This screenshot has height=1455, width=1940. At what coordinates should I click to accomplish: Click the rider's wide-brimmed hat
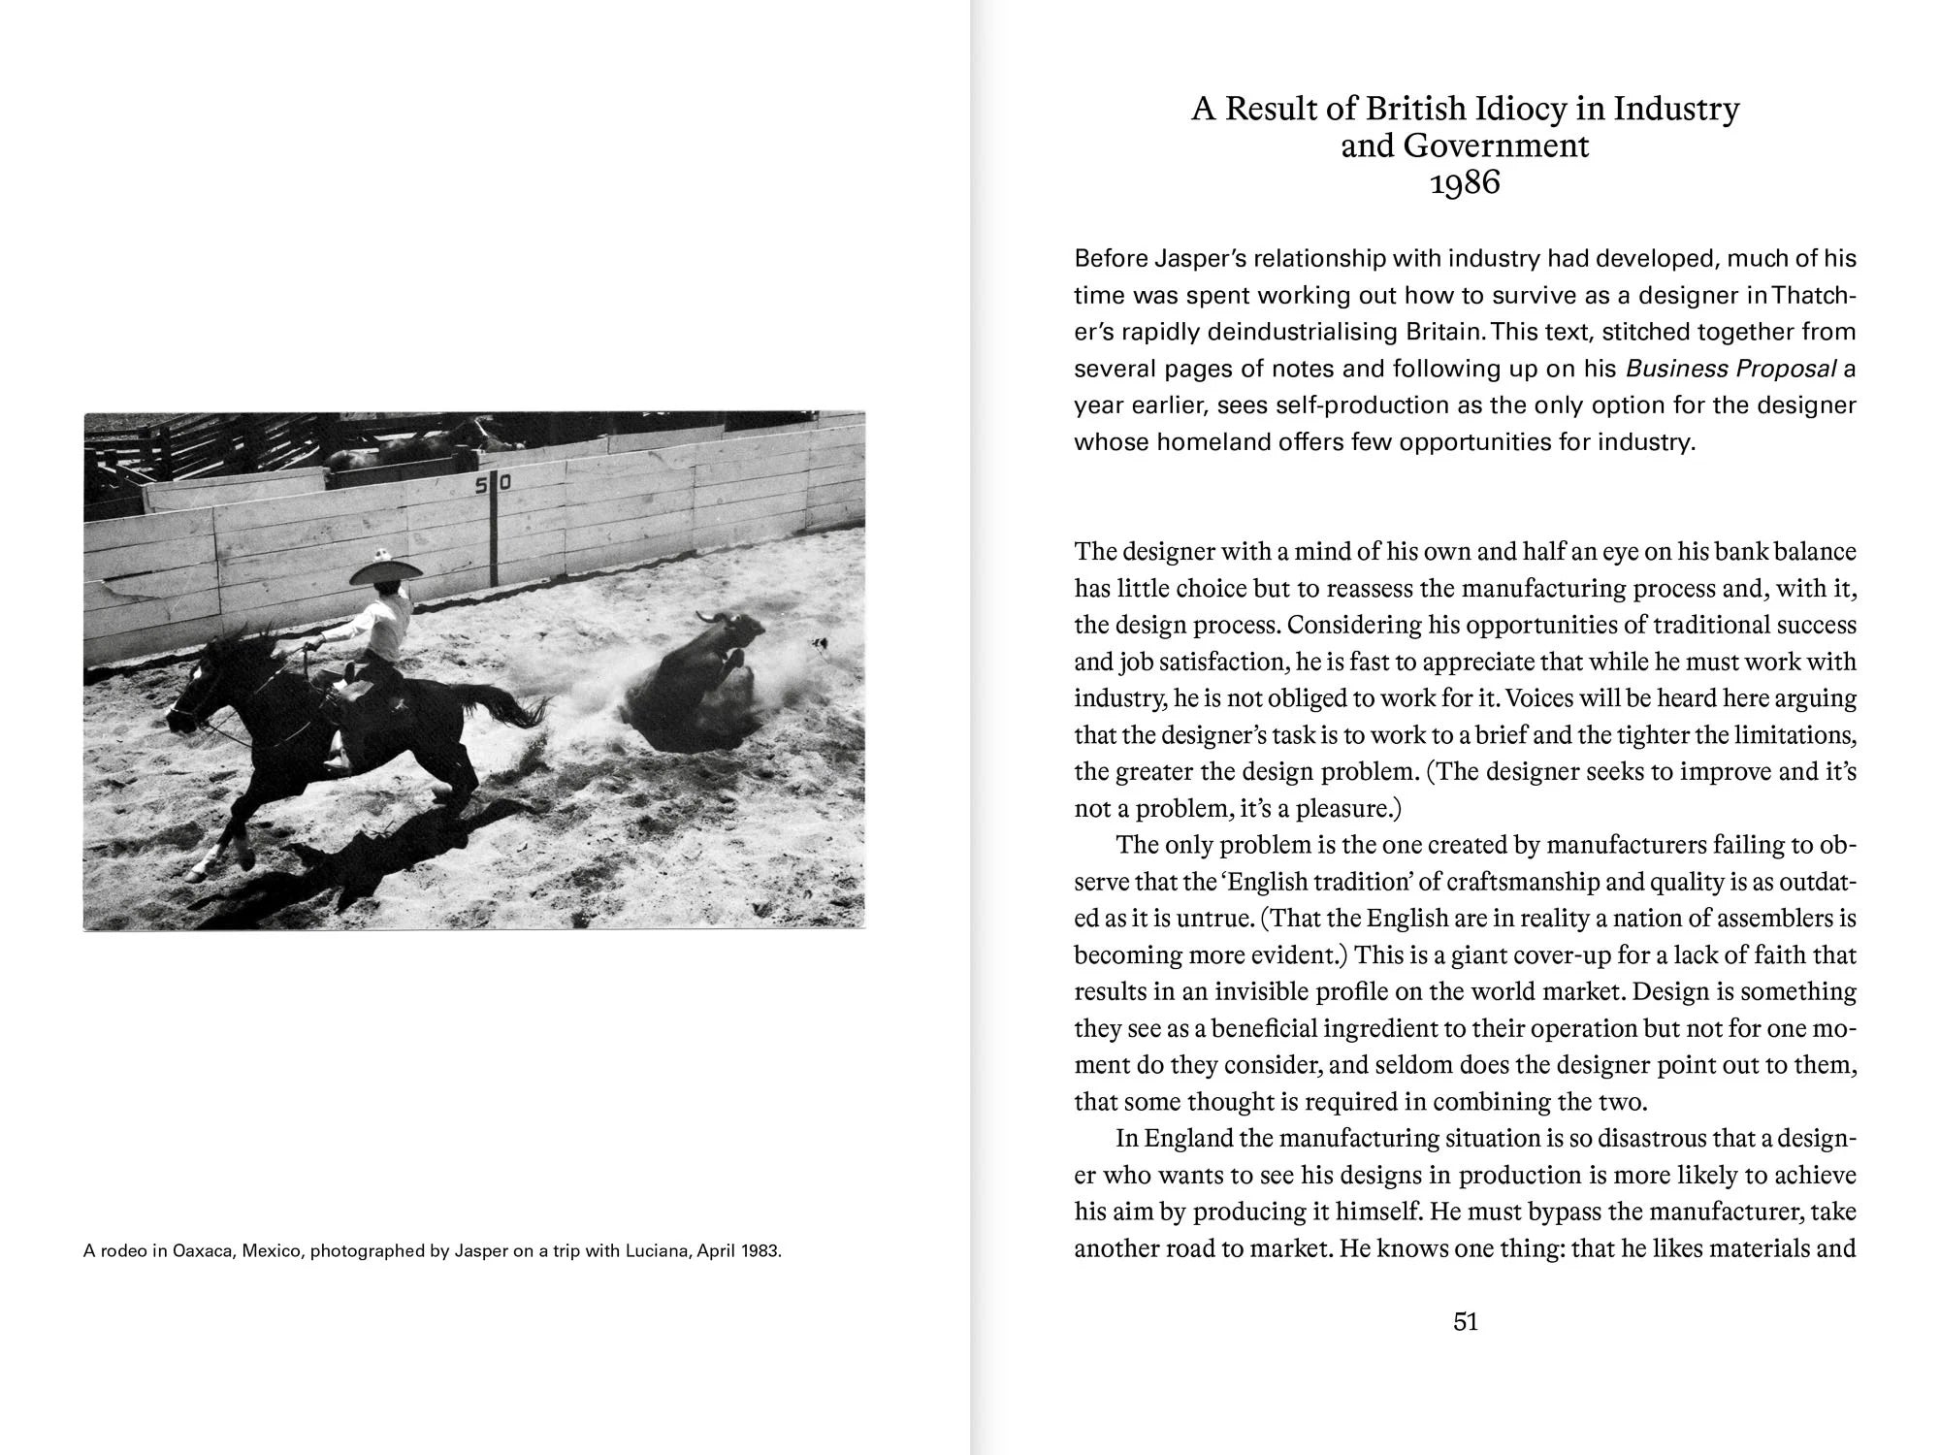coord(385,569)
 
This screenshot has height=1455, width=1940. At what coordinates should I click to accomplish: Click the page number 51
coord(1465,1322)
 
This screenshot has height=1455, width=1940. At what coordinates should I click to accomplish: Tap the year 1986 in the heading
coord(1465,182)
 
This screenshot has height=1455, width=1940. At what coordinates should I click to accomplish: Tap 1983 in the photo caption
coord(760,1251)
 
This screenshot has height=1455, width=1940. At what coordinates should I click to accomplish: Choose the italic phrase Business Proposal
coord(1730,369)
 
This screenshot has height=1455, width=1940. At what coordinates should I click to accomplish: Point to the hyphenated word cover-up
coord(1538,955)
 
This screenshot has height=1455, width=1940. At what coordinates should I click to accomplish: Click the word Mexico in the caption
coord(271,1251)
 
